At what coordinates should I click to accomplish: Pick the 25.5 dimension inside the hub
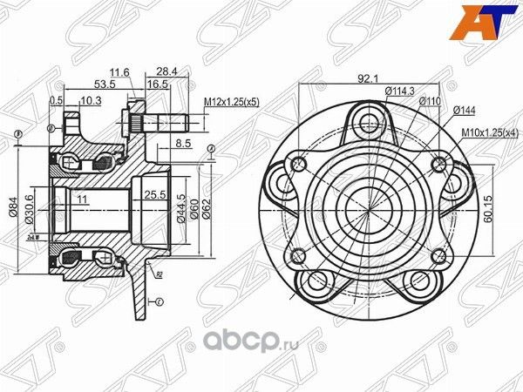tap(155, 194)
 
